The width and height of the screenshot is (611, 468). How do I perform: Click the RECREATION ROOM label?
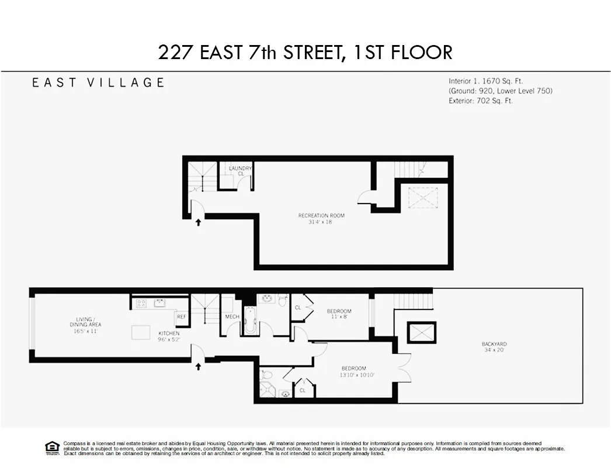pos(317,216)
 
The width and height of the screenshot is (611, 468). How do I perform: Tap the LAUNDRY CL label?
pos(240,171)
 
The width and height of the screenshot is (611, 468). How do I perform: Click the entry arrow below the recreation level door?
pos(199,222)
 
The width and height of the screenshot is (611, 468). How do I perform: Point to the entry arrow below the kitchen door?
pos(199,367)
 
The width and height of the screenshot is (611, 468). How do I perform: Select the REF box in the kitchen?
pos(181,316)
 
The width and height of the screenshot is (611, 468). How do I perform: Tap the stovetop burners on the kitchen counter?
pos(141,303)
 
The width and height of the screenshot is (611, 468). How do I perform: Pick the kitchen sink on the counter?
pos(159,303)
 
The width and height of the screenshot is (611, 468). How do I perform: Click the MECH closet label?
pos(232,317)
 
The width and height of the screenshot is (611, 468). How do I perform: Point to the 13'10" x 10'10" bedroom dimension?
pos(357,375)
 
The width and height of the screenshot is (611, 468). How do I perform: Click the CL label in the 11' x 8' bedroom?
pos(298,308)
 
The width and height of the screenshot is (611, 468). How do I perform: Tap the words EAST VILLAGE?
pos(98,82)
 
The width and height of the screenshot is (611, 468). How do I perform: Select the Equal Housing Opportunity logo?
pos(53,448)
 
